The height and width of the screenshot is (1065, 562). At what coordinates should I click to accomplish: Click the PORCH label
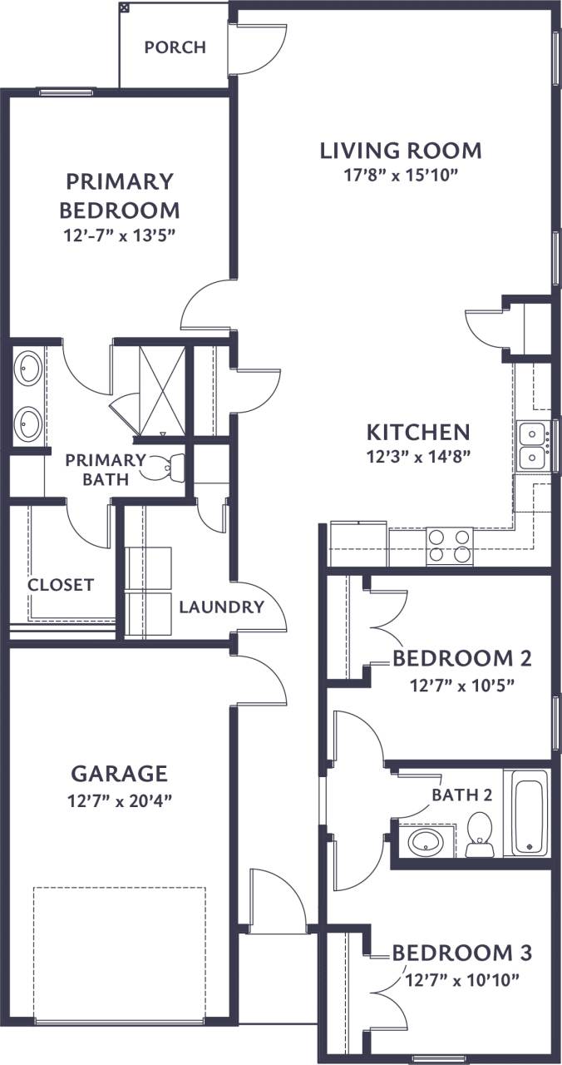point(175,47)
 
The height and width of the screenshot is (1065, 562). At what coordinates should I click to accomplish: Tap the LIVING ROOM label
point(401,151)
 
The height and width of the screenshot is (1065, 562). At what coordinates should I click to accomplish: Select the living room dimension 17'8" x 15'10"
point(401,175)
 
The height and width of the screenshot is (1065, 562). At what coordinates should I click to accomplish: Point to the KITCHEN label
point(419,433)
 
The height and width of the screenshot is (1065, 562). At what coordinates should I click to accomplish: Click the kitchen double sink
point(531,446)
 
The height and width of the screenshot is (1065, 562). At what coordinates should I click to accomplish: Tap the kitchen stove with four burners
point(449,546)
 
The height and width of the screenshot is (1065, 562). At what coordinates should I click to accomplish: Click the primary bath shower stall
point(160,389)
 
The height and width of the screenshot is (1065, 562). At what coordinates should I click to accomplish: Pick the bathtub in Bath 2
point(530,812)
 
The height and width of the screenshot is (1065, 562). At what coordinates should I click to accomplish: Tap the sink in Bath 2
point(426,840)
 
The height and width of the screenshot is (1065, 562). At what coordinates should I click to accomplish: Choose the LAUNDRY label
point(221,607)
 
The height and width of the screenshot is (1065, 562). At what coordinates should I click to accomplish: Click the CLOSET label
point(61,585)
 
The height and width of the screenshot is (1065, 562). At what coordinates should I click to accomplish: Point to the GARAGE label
point(119,774)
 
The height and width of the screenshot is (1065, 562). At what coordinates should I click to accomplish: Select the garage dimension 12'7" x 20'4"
point(119,802)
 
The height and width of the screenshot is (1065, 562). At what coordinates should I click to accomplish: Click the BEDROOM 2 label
point(461,659)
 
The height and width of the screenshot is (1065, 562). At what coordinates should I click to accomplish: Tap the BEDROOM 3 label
point(461,952)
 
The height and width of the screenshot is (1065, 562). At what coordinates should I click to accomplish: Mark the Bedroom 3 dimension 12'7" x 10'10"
point(461,979)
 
